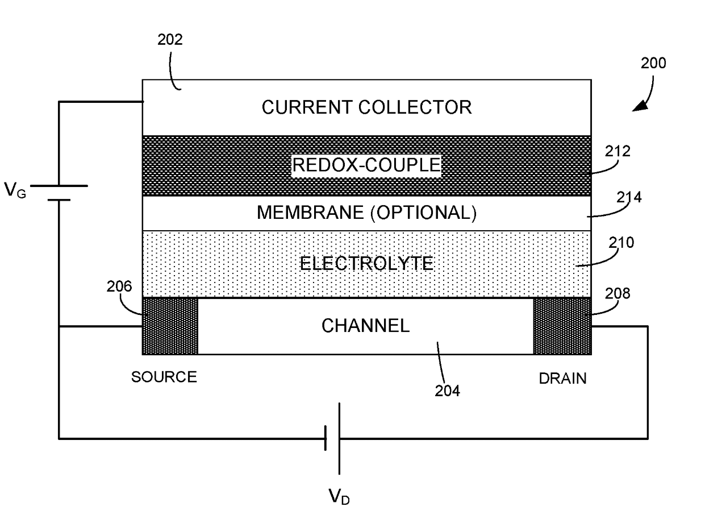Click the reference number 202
click(x=170, y=39)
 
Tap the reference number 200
click(x=653, y=63)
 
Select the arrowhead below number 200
click(x=640, y=106)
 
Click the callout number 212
click(x=617, y=152)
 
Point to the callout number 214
click(x=629, y=197)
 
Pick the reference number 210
click(x=621, y=243)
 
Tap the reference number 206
click(x=119, y=286)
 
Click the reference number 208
click(x=617, y=294)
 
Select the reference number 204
click(x=447, y=391)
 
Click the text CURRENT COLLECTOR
click(x=366, y=107)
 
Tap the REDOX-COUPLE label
click(x=366, y=165)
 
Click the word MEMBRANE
click(x=310, y=213)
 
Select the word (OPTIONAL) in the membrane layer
click(x=423, y=213)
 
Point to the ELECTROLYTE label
click(x=366, y=263)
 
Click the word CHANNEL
click(x=365, y=326)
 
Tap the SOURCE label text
click(x=164, y=377)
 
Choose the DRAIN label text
click(x=563, y=379)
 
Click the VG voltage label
click(x=15, y=190)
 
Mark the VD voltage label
click(x=339, y=497)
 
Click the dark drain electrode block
click(x=562, y=326)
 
